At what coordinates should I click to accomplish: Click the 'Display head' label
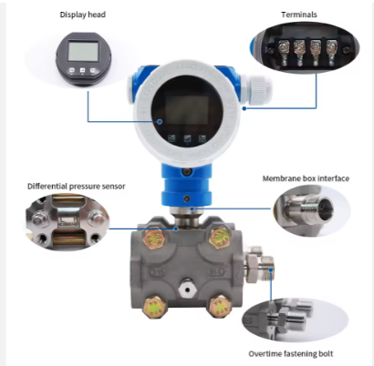(83, 15)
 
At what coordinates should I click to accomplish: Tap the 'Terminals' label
(299, 15)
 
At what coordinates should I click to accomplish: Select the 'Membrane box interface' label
(306, 178)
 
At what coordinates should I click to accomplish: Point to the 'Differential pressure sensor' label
(77, 187)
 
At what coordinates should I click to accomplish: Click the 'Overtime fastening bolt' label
(291, 354)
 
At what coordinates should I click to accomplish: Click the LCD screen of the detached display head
(83, 51)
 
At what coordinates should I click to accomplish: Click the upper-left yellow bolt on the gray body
(153, 238)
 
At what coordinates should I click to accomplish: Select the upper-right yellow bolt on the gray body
(221, 239)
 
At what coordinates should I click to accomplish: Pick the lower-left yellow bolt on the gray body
(154, 308)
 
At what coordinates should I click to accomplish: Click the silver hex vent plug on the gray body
(187, 289)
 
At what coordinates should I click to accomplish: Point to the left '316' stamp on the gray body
(158, 271)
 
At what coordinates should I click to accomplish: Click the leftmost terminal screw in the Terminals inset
(284, 47)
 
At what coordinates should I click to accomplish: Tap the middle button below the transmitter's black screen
(187, 139)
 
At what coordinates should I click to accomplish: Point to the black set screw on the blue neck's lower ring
(187, 198)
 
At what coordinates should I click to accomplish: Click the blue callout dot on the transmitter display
(160, 122)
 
